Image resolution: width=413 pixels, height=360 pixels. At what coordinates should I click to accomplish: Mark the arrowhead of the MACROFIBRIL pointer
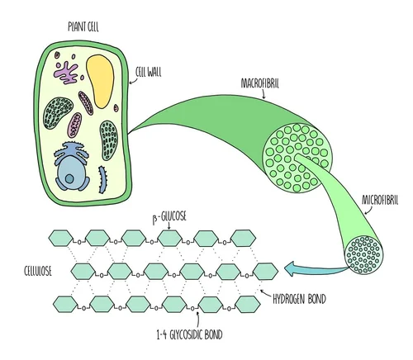tap(263, 97)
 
